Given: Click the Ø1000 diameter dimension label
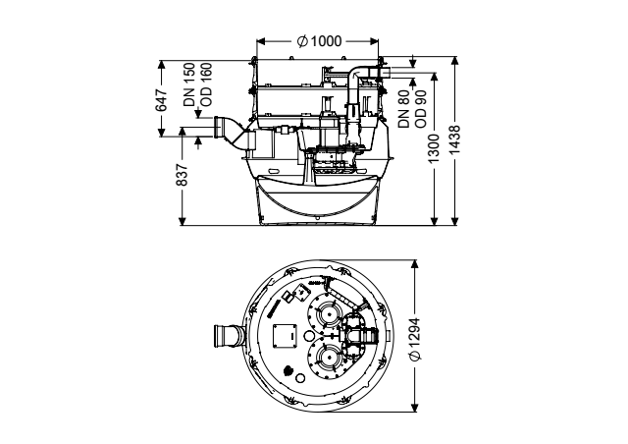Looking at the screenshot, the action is click(319, 41).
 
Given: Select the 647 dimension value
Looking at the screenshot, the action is click(161, 100).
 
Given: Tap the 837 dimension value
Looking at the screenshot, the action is click(182, 175).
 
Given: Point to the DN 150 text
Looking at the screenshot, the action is click(189, 84).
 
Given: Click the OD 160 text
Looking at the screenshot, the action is click(206, 84).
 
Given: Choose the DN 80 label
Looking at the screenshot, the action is click(403, 109).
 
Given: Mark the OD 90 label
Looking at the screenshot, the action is click(421, 109).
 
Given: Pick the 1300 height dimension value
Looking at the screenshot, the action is click(434, 148).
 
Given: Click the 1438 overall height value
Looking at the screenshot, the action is click(454, 139).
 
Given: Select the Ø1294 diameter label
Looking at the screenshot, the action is click(415, 339).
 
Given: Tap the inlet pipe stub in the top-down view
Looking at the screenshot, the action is click(230, 337).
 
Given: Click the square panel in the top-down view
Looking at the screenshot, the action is click(286, 336).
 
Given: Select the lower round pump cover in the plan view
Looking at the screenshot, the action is click(326, 357).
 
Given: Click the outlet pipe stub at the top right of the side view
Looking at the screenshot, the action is click(384, 74).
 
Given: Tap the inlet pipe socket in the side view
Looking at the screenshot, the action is click(219, 128).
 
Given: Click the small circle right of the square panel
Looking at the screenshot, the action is click(309, 336).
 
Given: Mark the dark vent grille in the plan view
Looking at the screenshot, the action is click(288, 370).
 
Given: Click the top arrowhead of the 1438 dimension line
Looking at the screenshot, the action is click(454, 60).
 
